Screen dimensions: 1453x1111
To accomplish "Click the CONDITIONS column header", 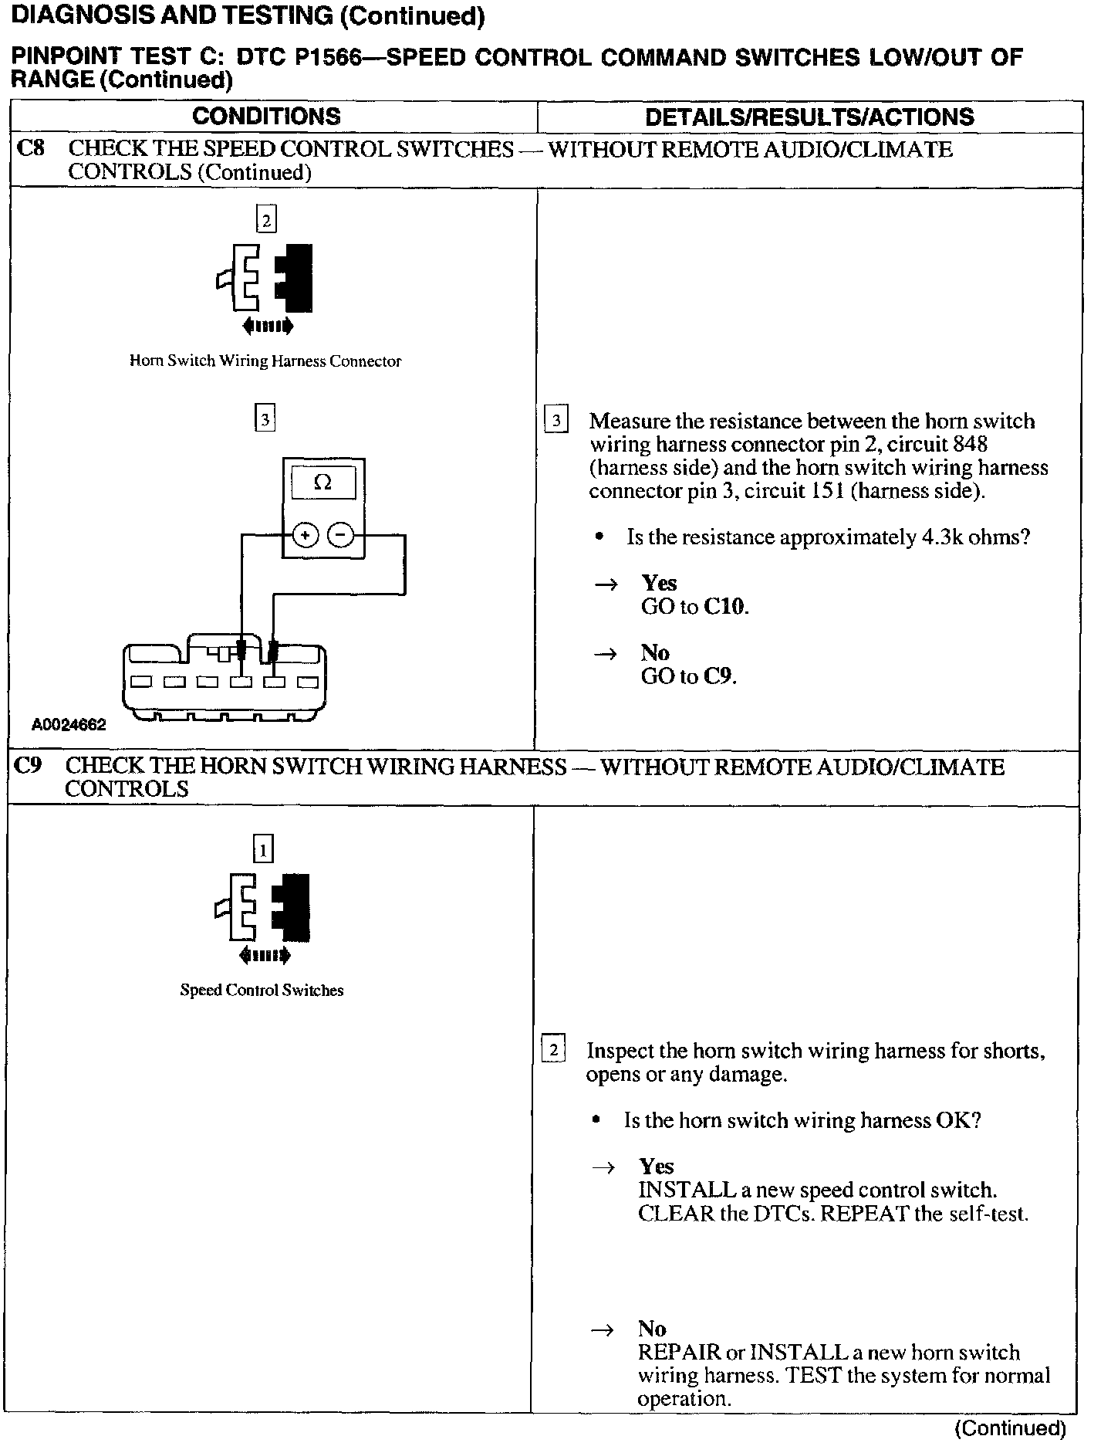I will [x=266, y=117].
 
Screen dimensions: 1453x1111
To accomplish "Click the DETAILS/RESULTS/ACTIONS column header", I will [x=809, y=117].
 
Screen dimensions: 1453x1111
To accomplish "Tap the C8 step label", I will [x=31, y=148].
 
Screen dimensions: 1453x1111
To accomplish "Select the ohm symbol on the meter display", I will [x=323, y=483].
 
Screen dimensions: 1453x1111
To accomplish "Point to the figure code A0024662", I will [x=69, y=726].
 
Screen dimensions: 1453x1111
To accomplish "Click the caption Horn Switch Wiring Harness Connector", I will [x=265, y=361].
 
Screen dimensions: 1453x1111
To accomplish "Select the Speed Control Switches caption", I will [x=262, y=991].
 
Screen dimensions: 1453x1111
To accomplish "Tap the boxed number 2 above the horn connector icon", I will [x=266, y=221].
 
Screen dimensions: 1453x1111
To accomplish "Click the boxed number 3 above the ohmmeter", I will [x=265, y=419].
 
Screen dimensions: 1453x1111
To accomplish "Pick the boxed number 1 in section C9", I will [x=263, y=851].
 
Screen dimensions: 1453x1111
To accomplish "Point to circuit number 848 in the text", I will [x=970, y=445].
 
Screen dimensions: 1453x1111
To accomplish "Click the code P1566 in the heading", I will [x=328, y=58].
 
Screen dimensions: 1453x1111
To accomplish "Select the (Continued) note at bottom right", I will [x=1010, y=1428].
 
